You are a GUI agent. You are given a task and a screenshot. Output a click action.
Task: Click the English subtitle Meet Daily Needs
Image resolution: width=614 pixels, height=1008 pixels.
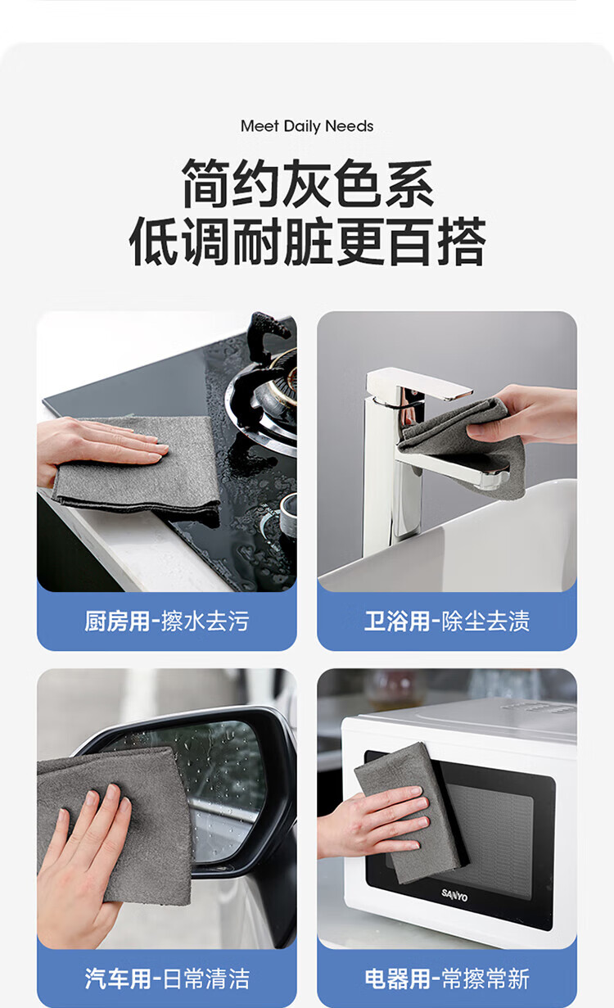pos(307,126)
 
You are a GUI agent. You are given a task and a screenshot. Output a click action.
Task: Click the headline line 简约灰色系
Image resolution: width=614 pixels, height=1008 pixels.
pos(308,183)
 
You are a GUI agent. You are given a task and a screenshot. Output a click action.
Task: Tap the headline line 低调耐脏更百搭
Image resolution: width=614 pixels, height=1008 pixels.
pos(308,242)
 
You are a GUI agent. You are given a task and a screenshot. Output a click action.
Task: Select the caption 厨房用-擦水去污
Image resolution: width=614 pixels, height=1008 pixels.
pos(167,622)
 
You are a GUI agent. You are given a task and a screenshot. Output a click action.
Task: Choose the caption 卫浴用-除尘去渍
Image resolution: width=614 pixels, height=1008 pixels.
pos(447,622)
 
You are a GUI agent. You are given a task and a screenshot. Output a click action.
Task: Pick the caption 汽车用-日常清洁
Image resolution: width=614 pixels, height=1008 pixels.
pos(167,979)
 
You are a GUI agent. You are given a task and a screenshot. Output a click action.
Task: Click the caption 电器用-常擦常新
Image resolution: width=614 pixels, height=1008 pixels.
pos(447,979)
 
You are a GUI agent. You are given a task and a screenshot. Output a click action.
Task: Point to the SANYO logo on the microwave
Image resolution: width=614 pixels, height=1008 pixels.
pos(454,895)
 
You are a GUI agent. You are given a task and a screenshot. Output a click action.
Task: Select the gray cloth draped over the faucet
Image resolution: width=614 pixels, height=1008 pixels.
pos(463,445)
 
